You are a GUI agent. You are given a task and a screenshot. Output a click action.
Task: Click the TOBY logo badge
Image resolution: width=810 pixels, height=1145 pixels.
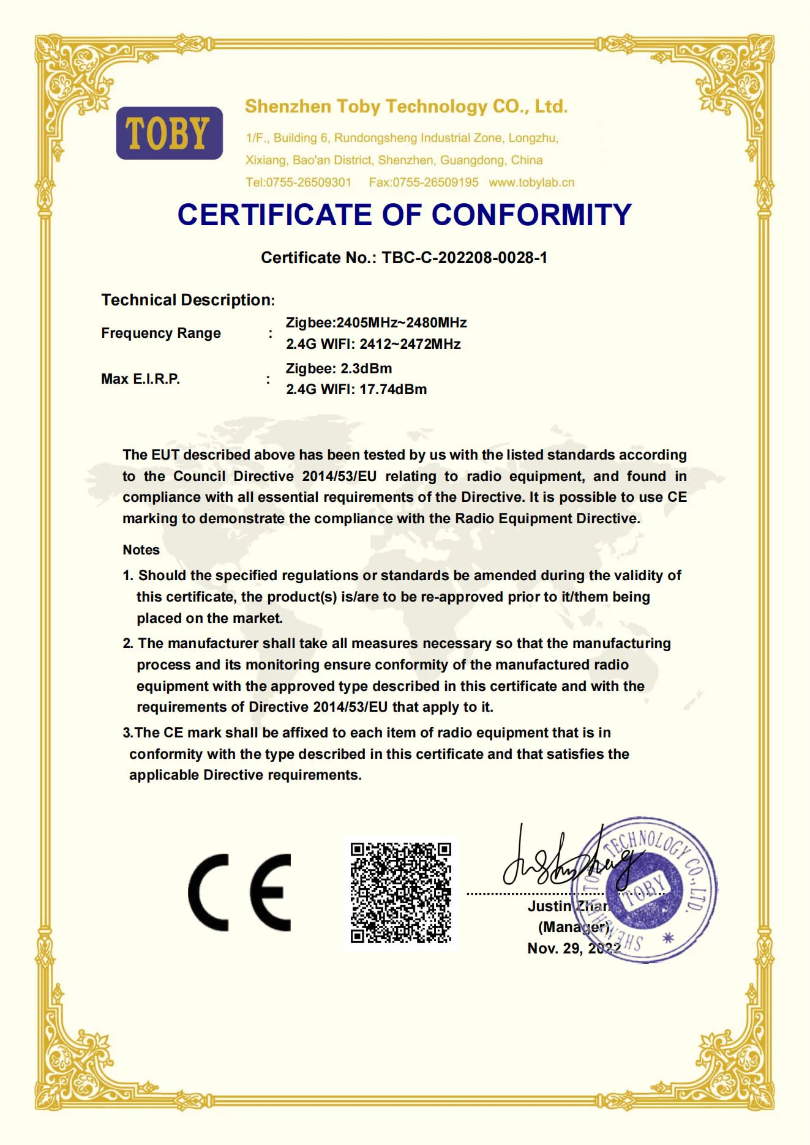pos(169,133)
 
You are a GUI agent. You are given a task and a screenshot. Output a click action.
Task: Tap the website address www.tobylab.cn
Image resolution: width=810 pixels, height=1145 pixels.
pos(531,182)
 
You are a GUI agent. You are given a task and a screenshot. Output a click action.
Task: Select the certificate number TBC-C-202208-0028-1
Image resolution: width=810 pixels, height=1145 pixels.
pos(464,258)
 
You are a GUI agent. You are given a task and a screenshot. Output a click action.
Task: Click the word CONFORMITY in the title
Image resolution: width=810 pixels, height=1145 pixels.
pos(531,215)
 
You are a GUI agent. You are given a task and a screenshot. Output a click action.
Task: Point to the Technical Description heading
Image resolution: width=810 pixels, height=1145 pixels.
pos(188,300)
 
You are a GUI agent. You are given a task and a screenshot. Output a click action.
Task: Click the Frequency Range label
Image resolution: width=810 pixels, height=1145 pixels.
pos(161,333)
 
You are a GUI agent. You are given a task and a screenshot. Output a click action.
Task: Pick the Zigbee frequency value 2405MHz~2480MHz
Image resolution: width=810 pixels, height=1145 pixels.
pos(402,323)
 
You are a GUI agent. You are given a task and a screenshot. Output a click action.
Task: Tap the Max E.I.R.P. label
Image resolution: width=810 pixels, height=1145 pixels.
pos(140,379)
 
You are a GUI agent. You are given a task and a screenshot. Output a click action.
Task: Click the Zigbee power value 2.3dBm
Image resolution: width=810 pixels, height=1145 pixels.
pos(366,368)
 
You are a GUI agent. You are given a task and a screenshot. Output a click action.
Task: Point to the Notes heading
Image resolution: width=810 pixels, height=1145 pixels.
pos(141,550)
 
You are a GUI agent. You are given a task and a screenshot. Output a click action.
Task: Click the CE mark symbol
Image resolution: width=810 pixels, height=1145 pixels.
pos(239,892)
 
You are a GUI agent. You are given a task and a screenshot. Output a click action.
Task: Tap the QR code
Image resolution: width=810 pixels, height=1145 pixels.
pos(401,892)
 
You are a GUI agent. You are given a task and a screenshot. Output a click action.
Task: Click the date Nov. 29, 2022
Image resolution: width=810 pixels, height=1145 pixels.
pos(574,948)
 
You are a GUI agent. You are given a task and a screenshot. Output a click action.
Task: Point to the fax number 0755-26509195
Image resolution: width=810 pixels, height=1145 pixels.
pos(435,182)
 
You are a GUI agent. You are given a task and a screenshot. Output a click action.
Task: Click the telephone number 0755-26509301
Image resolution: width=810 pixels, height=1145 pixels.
pos(309,182)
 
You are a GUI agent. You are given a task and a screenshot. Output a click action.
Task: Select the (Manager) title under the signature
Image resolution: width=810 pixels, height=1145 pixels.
pos(573,927)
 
